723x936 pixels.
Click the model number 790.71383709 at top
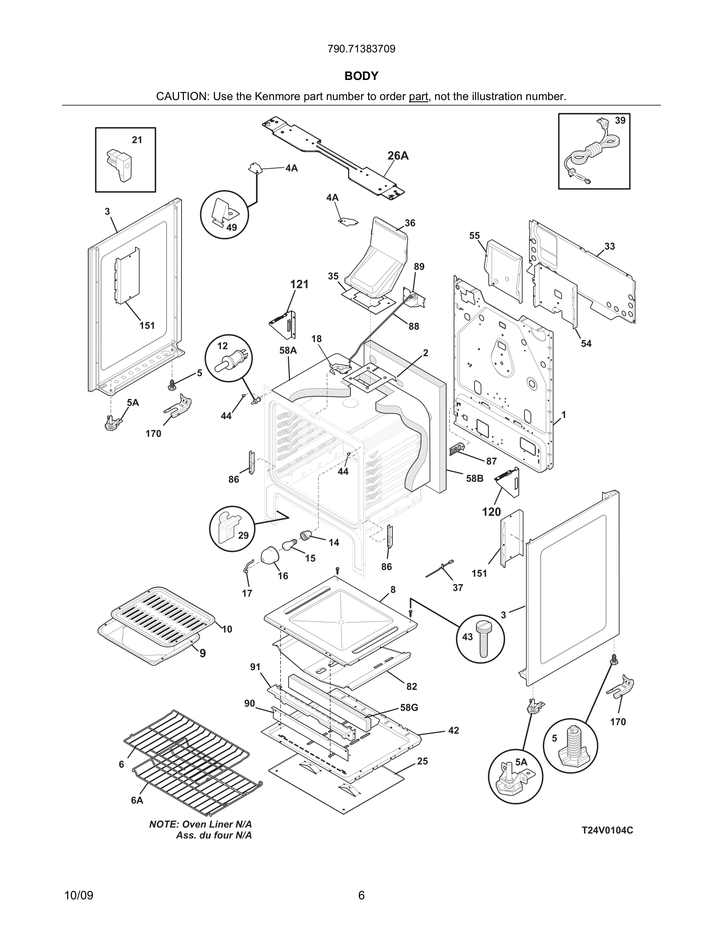[361, 49]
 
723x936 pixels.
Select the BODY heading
[361, 76]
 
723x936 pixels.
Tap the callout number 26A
[398, 156]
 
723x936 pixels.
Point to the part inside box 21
[120, 165]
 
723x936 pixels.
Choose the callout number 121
[299, 284]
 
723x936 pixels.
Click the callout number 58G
[409, 708]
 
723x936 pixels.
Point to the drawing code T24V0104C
[607, 830]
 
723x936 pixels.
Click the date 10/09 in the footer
[78, 895]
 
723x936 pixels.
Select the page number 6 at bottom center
[361, 895]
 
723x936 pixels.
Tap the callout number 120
[491, 512]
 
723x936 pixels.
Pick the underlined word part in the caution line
[418, 97]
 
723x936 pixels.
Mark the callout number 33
[610, 247]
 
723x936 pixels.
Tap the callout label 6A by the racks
[137, 800]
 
